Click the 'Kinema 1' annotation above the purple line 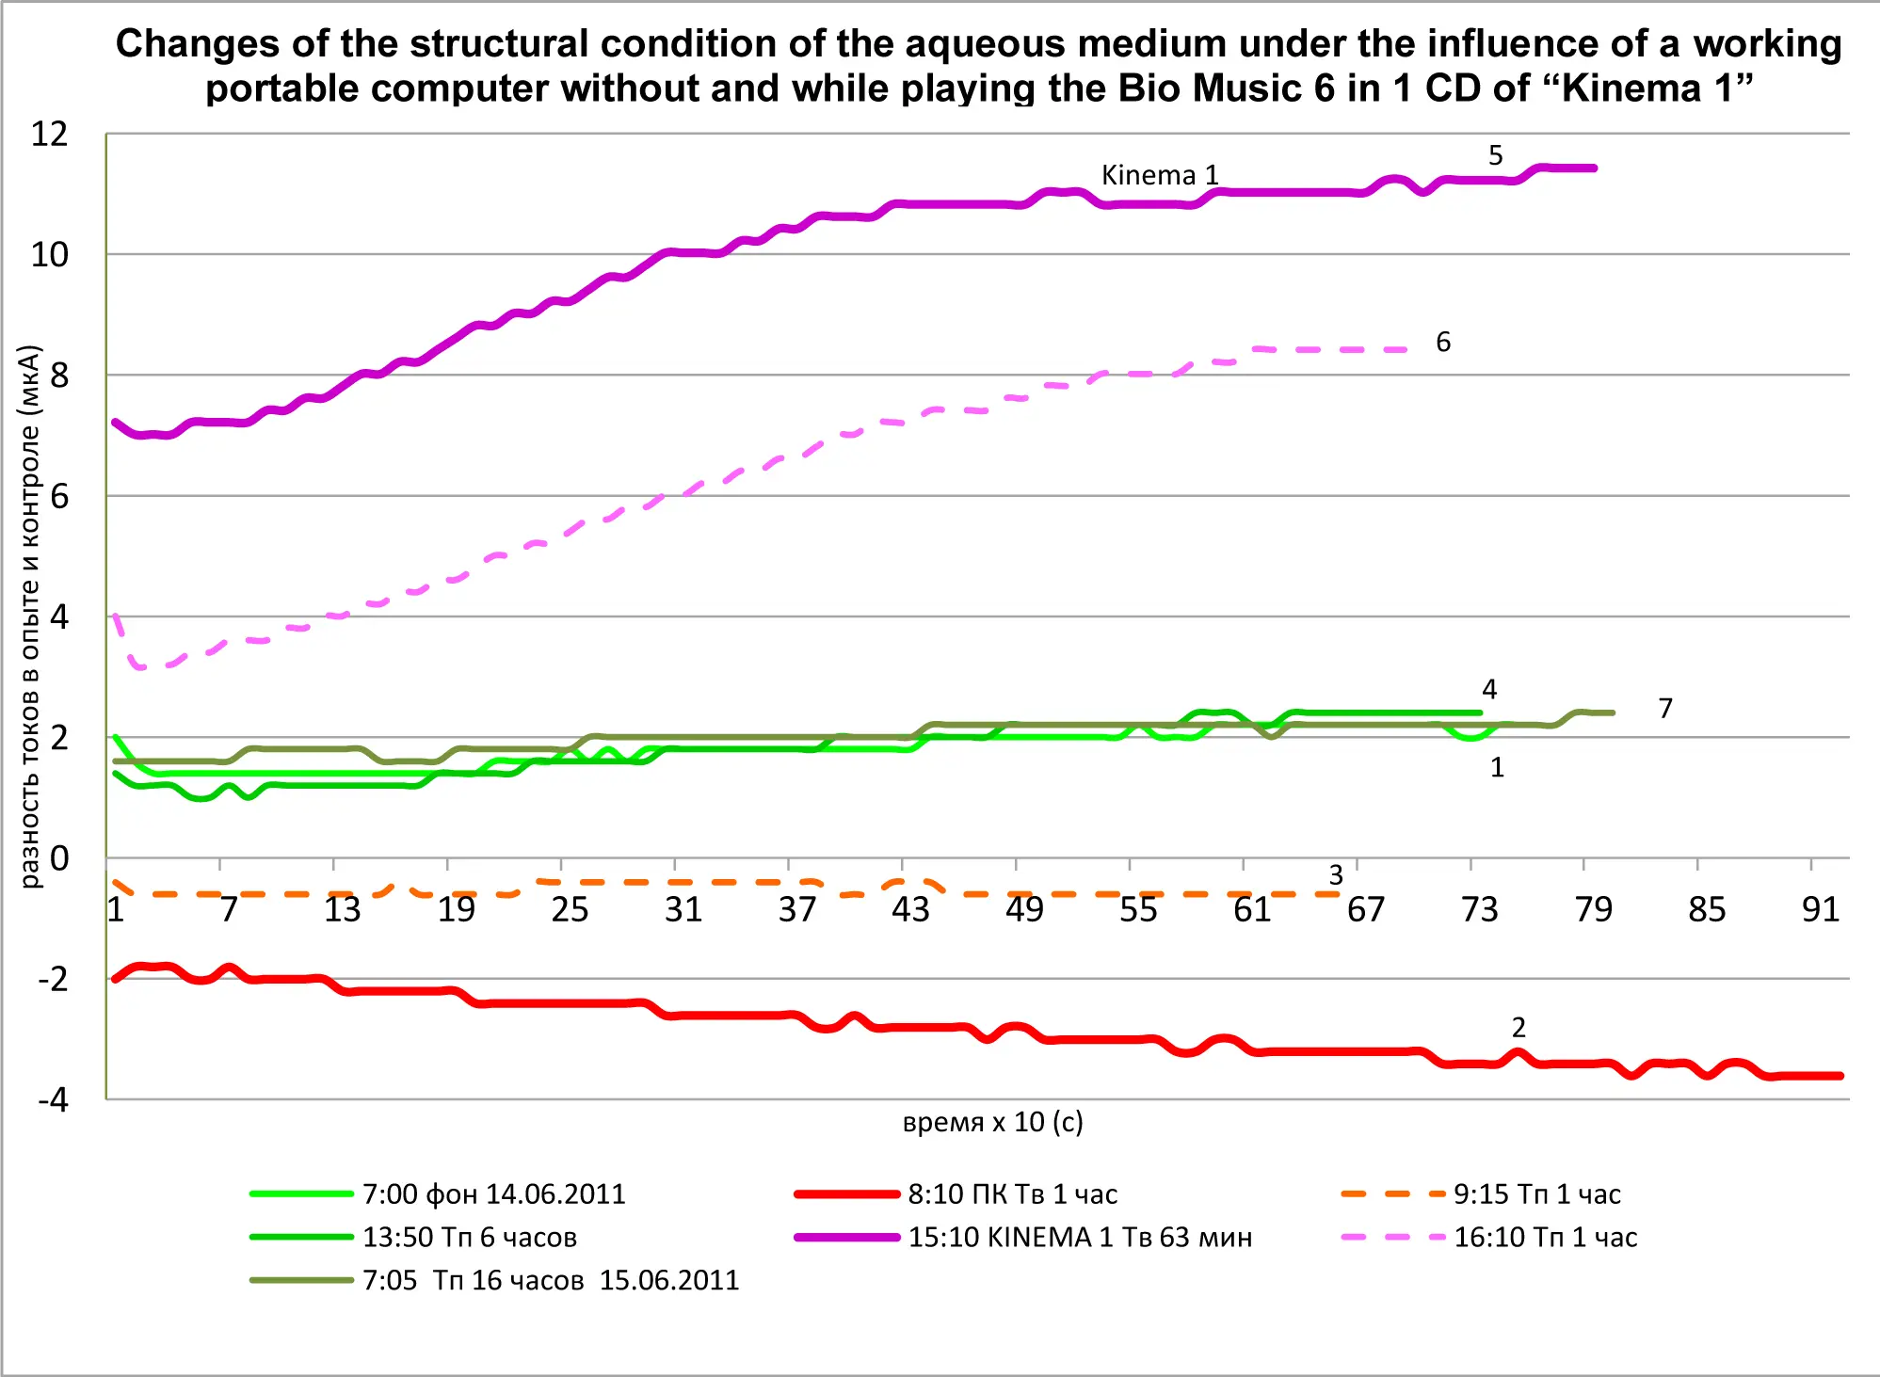pyautogui.click(x=1159, y=175)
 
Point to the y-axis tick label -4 pyautogui.click(x=53, y=1099)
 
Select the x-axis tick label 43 pyautogui.click(x=910, y=909)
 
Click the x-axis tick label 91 pyautogui.click(x=1820, y=909)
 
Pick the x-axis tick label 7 pyautogui.click(x=229, y=909)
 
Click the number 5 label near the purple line pyautogui.click(x=1495, y=155)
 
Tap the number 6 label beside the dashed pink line pyautogui.click(x=1442, y=342)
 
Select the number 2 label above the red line pyautogui.click(x=1518, y=1027)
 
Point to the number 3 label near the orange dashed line pyautogui.click(x=1335, y=875)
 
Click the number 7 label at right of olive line pyautogui.click(x=1664, y=708)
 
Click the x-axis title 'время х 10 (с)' pyautogui.click(x=992, y=1122)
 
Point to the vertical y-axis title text pyautogui.click(x=30, y=616)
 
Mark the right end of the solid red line pyautogui.click(x=1840, y=1075)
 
